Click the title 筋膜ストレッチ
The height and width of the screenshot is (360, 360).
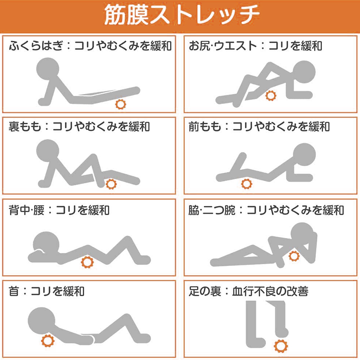pos(182,15)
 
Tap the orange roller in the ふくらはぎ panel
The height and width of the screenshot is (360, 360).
pos(121,104)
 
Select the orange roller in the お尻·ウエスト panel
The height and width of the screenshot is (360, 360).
pos(271,96)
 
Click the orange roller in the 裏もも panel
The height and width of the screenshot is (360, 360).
pos(111,184)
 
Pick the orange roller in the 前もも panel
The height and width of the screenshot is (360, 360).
pos(247,184)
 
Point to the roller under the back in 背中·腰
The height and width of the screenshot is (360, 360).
pos(87,262)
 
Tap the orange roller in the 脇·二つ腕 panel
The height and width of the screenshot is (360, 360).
pos(294,256)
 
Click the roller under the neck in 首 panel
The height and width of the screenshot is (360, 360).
pos(48,341)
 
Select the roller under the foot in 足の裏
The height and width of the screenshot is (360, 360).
pos(281,346)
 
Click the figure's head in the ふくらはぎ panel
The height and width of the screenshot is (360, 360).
pos(48,69)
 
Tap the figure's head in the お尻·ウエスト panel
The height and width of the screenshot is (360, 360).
pos(304,72)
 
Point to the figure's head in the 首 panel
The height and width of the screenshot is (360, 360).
pos(41,321)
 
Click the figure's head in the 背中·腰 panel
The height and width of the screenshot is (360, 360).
pos(46,244)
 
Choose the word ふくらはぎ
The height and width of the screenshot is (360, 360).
pos(36,45)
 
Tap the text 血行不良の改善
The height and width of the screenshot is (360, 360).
pos(270,291)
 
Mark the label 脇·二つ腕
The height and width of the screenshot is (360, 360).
pos(212,210)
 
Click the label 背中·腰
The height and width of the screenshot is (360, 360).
pos(27,210)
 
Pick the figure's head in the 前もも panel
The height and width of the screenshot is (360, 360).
pos(305,154)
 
